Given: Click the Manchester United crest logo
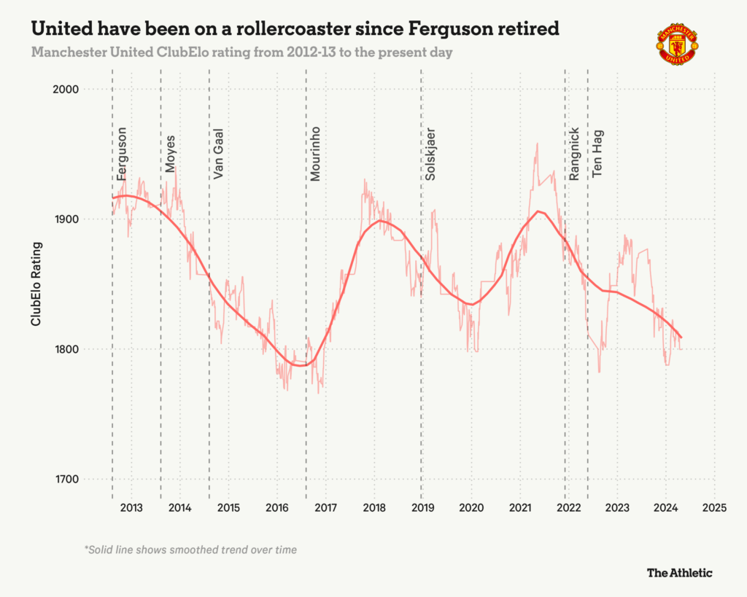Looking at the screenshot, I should coord(678,45).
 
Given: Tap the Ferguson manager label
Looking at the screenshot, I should coord(122,154).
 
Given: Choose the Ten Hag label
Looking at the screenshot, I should coord(597,155).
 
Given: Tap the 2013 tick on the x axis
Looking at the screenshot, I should coord(131,507).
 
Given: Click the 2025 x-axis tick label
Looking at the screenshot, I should coord(714,507).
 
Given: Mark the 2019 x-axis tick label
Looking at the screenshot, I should coord(422,507).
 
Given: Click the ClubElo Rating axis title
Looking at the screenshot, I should coord(35,284).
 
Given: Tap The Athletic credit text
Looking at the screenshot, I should coord(679,573).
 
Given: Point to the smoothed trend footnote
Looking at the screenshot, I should coord(190,550).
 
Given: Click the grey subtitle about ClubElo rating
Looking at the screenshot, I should coord(241,53).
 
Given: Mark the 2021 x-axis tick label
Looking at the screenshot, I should coord(519,507).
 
